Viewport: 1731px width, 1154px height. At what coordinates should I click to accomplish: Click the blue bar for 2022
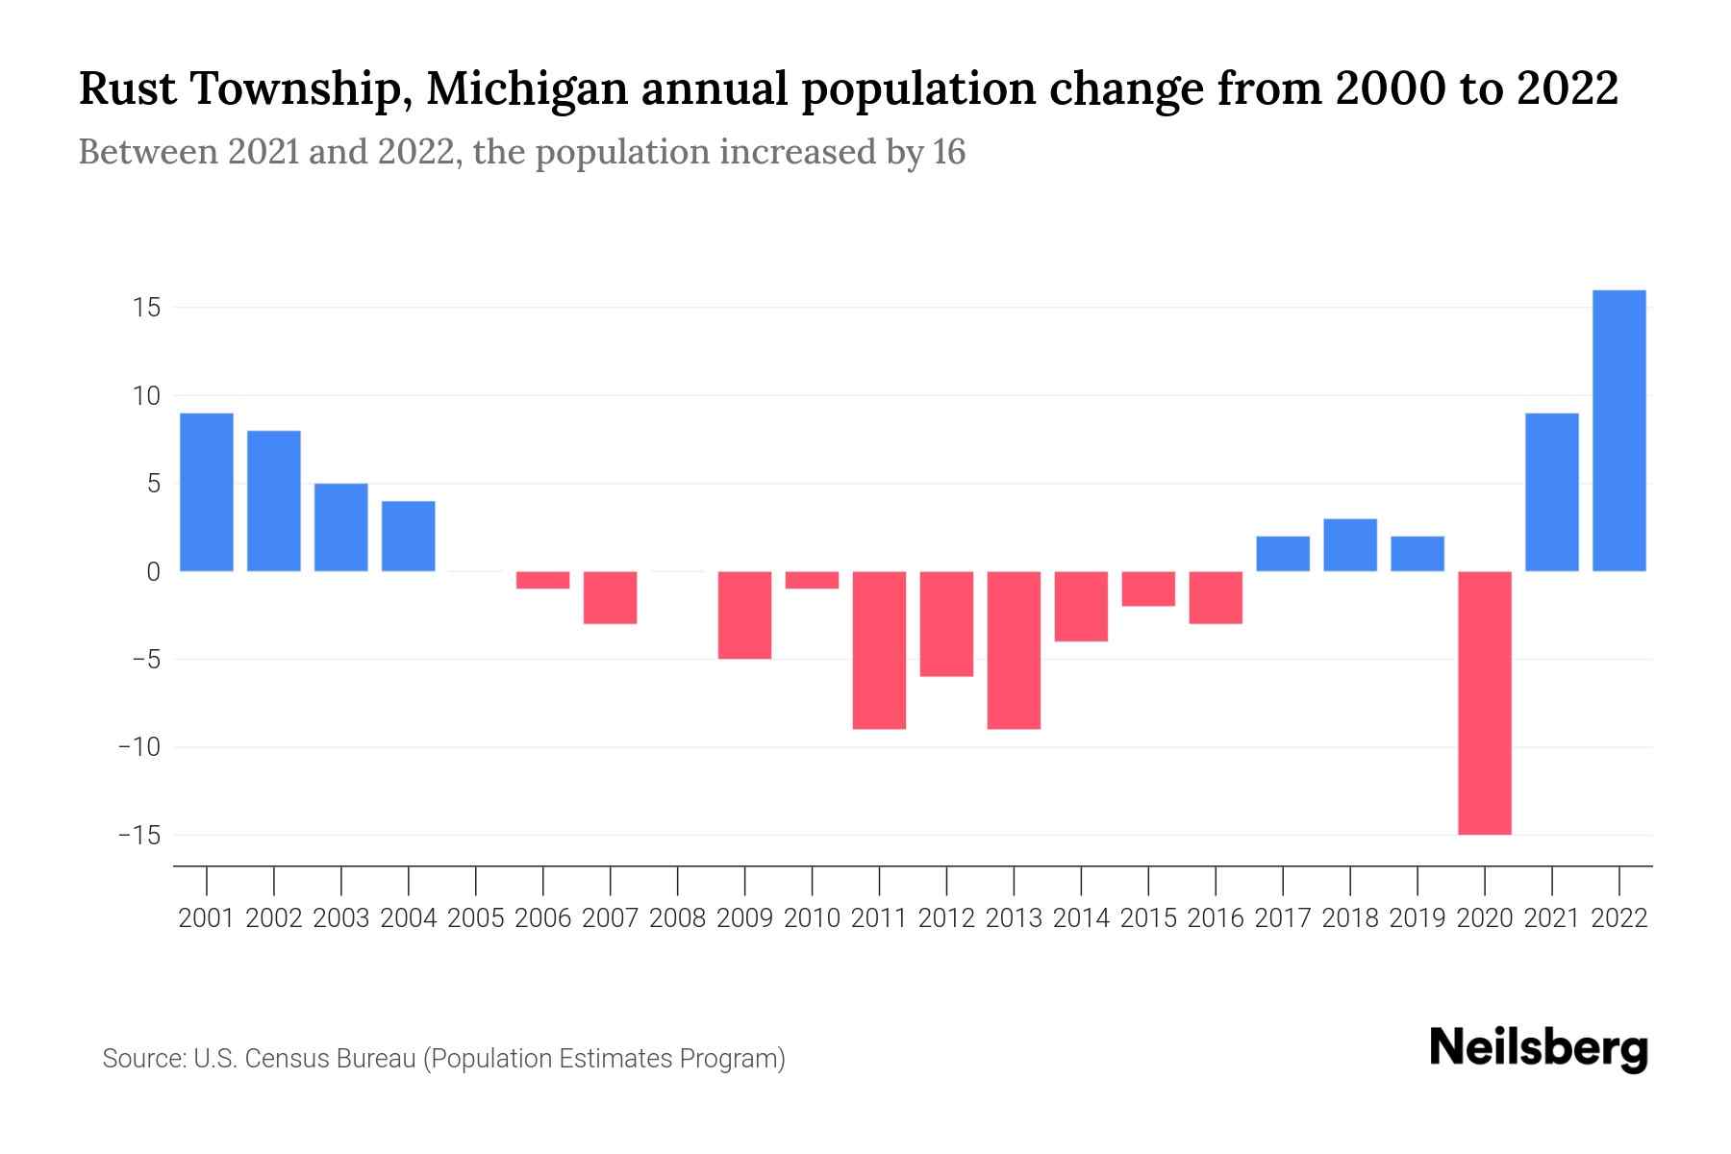click(x=1619, y=431)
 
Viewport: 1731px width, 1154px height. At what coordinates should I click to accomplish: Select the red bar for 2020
click(x=1485, y=702)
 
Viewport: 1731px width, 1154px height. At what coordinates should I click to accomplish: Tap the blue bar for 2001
click(x=207, y=492)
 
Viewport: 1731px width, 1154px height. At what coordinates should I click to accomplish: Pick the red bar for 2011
click(x=879, y=650)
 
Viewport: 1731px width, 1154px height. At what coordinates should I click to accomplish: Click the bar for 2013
click(x=1014, y=650)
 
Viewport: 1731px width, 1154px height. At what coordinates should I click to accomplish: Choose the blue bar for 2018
click(x=1350, y=545)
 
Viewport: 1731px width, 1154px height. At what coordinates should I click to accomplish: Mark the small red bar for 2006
click(x=543, y=580)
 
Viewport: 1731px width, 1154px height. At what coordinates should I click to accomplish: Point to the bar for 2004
click(x=409, y=537)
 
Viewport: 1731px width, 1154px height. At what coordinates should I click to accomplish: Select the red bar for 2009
click(x=745, y=615)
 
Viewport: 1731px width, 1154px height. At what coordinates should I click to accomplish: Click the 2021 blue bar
click(x=1552, y=492)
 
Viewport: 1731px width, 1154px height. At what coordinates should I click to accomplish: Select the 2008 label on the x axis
click(x=678, y=918)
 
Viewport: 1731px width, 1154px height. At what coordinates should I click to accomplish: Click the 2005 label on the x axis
click(x=476, y=918)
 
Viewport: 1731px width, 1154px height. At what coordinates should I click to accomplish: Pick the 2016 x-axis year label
click(x=1216, y=918)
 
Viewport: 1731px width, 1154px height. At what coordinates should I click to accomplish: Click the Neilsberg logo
click(x=1539, y=1048)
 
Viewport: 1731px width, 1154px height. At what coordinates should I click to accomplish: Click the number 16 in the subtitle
click(x=948, y=152)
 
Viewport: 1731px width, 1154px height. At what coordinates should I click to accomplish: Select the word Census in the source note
click(x=288, y=1059)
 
